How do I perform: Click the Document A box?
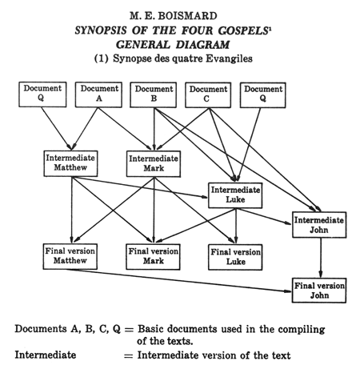coord(98,94)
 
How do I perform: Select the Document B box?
coord(154,95)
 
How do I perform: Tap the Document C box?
coord(208,95)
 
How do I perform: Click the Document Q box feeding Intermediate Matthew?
coord(42,94)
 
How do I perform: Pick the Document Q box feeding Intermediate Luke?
coord(263,95)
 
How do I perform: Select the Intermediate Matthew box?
coord(70,163)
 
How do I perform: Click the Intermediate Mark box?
coord(154,164)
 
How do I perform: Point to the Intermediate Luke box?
coord(235,195)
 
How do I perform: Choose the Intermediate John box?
coord(319,225)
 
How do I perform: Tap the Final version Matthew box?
coord(70,256)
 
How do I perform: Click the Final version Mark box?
coord(153,257)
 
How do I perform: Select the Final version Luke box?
coord(235,257)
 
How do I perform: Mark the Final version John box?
coord(319,291)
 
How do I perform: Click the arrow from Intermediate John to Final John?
coord(321,258)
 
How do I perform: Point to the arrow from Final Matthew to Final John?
coord(179,280)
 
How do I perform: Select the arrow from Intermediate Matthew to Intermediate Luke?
coord(140,187)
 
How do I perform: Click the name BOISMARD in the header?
coord(187,16)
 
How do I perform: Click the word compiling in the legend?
coord(302,330)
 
